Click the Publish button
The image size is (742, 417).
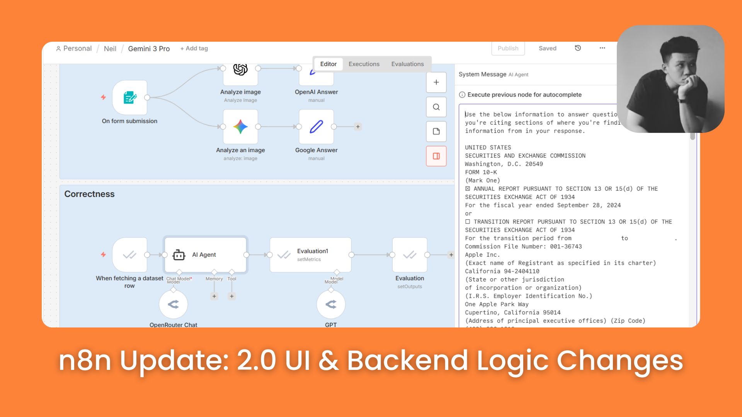pyautogui.click(x=508, y=48)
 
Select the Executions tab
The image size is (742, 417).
pyautogui.click(x=364, y=64)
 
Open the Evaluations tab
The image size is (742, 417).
pyautogui.click(x=407, y=64)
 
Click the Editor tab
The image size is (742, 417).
pyautogui.click(x=328, y=64)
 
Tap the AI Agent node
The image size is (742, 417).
pyautogui.click(x=205, y=255)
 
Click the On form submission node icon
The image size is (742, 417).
pyautogui.click(x=130, y=98)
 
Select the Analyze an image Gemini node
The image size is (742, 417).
pyautogui.click(x=240, y=127)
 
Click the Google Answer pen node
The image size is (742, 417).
pyautogui.click(x=316, y=127)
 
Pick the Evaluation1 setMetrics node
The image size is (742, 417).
pyautogui.click(x=310, y=255)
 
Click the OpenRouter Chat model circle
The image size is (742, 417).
pyautogui.click(x=174, y=304)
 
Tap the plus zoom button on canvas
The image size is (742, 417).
pyautogui.click(x=436, y=82)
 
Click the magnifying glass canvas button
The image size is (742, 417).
pyautogui.click(x=436, y=107)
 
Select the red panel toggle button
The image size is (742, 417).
pyautogui.click(x=436, y=156)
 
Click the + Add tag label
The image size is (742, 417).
pyautogui.click(x=194, y=48)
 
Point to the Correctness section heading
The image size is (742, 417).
pyautogui.click(x=89, y=194)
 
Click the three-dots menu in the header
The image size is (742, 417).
pyautogui.click(x=602, y=48)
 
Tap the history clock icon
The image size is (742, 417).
pyautogui.click(x=578, y=48)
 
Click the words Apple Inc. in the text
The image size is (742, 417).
pyautogui.click(x=482, y=255)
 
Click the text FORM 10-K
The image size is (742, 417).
pyautogui.click(x=481, y=172)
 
